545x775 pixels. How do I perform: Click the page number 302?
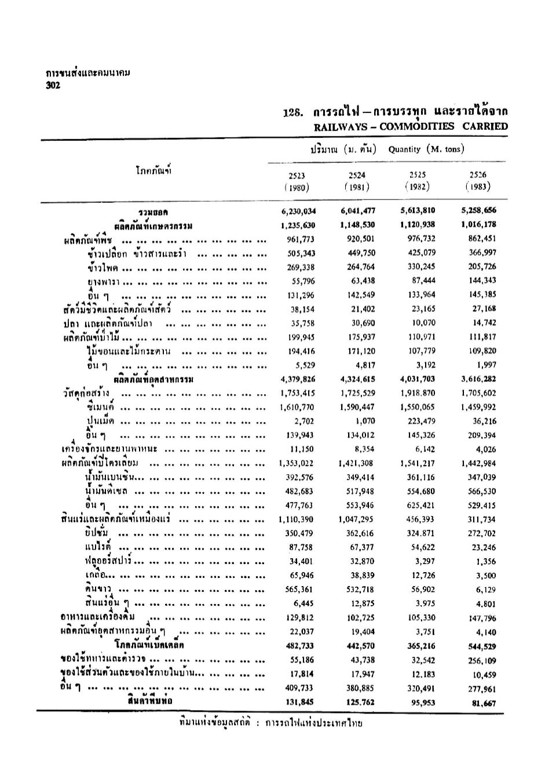coord(53,85)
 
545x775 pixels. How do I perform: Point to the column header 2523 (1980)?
coord(297,181)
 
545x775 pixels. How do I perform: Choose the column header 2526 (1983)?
coord(477,181)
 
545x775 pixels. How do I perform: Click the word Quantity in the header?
coord(404,149)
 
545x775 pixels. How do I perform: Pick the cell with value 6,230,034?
coord(298,211)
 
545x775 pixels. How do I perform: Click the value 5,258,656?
coord(478,211)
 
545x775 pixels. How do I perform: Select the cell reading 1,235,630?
coord(298,225)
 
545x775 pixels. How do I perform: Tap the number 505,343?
coord(301,253)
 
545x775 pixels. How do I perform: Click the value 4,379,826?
coord(298,379)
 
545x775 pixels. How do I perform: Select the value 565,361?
coord(301,590)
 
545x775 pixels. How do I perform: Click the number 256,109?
coord(482,660)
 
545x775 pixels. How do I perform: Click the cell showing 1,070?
coord(365,421)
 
